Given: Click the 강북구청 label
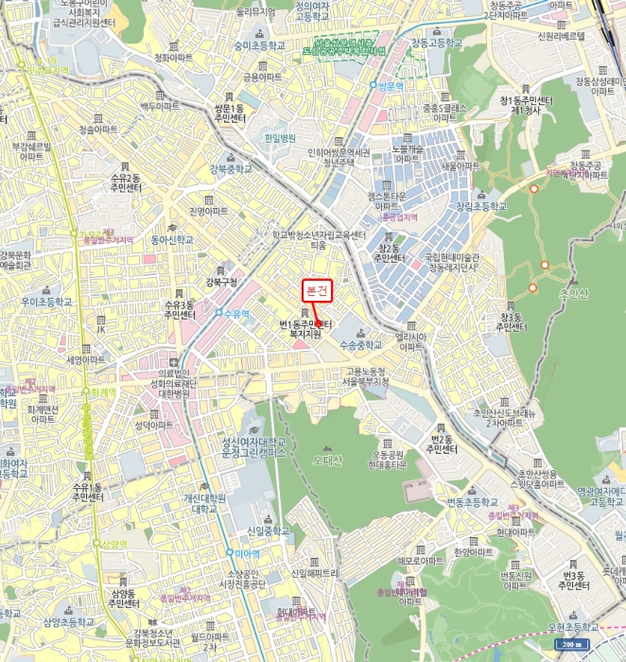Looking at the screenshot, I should coord(223,282).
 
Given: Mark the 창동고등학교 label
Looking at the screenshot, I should coord(438,43).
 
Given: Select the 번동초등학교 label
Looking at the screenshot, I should coord(471,500).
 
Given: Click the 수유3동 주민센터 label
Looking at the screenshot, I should coord(180,310).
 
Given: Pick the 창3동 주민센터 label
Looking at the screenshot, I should coord(511,322).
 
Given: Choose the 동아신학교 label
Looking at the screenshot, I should coord(171,239).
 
